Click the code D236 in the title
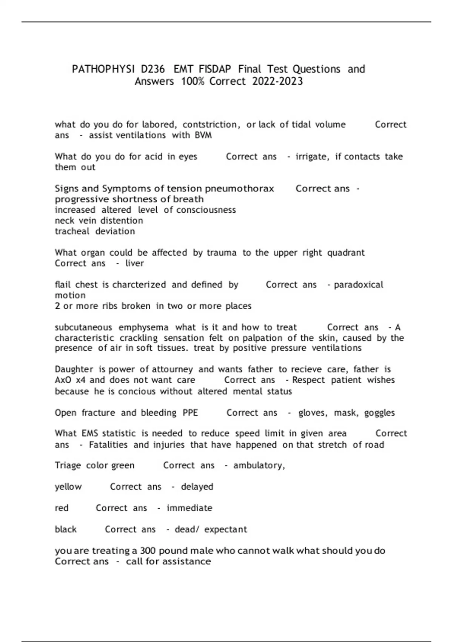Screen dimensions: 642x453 pos(153,69)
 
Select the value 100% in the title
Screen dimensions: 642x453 pos(192,81)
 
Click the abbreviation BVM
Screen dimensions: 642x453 pos(203,135)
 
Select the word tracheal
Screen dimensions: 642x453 pos(72,231)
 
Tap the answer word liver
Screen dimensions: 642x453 pos(134,263)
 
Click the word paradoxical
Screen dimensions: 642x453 pos(358,284)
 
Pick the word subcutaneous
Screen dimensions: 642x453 pos(83,327)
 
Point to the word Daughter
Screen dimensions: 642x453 pos(74,369)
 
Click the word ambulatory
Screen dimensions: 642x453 pos(259,465)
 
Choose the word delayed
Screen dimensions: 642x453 pos(197,486)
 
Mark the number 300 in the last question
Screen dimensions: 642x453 pos(148,551)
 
